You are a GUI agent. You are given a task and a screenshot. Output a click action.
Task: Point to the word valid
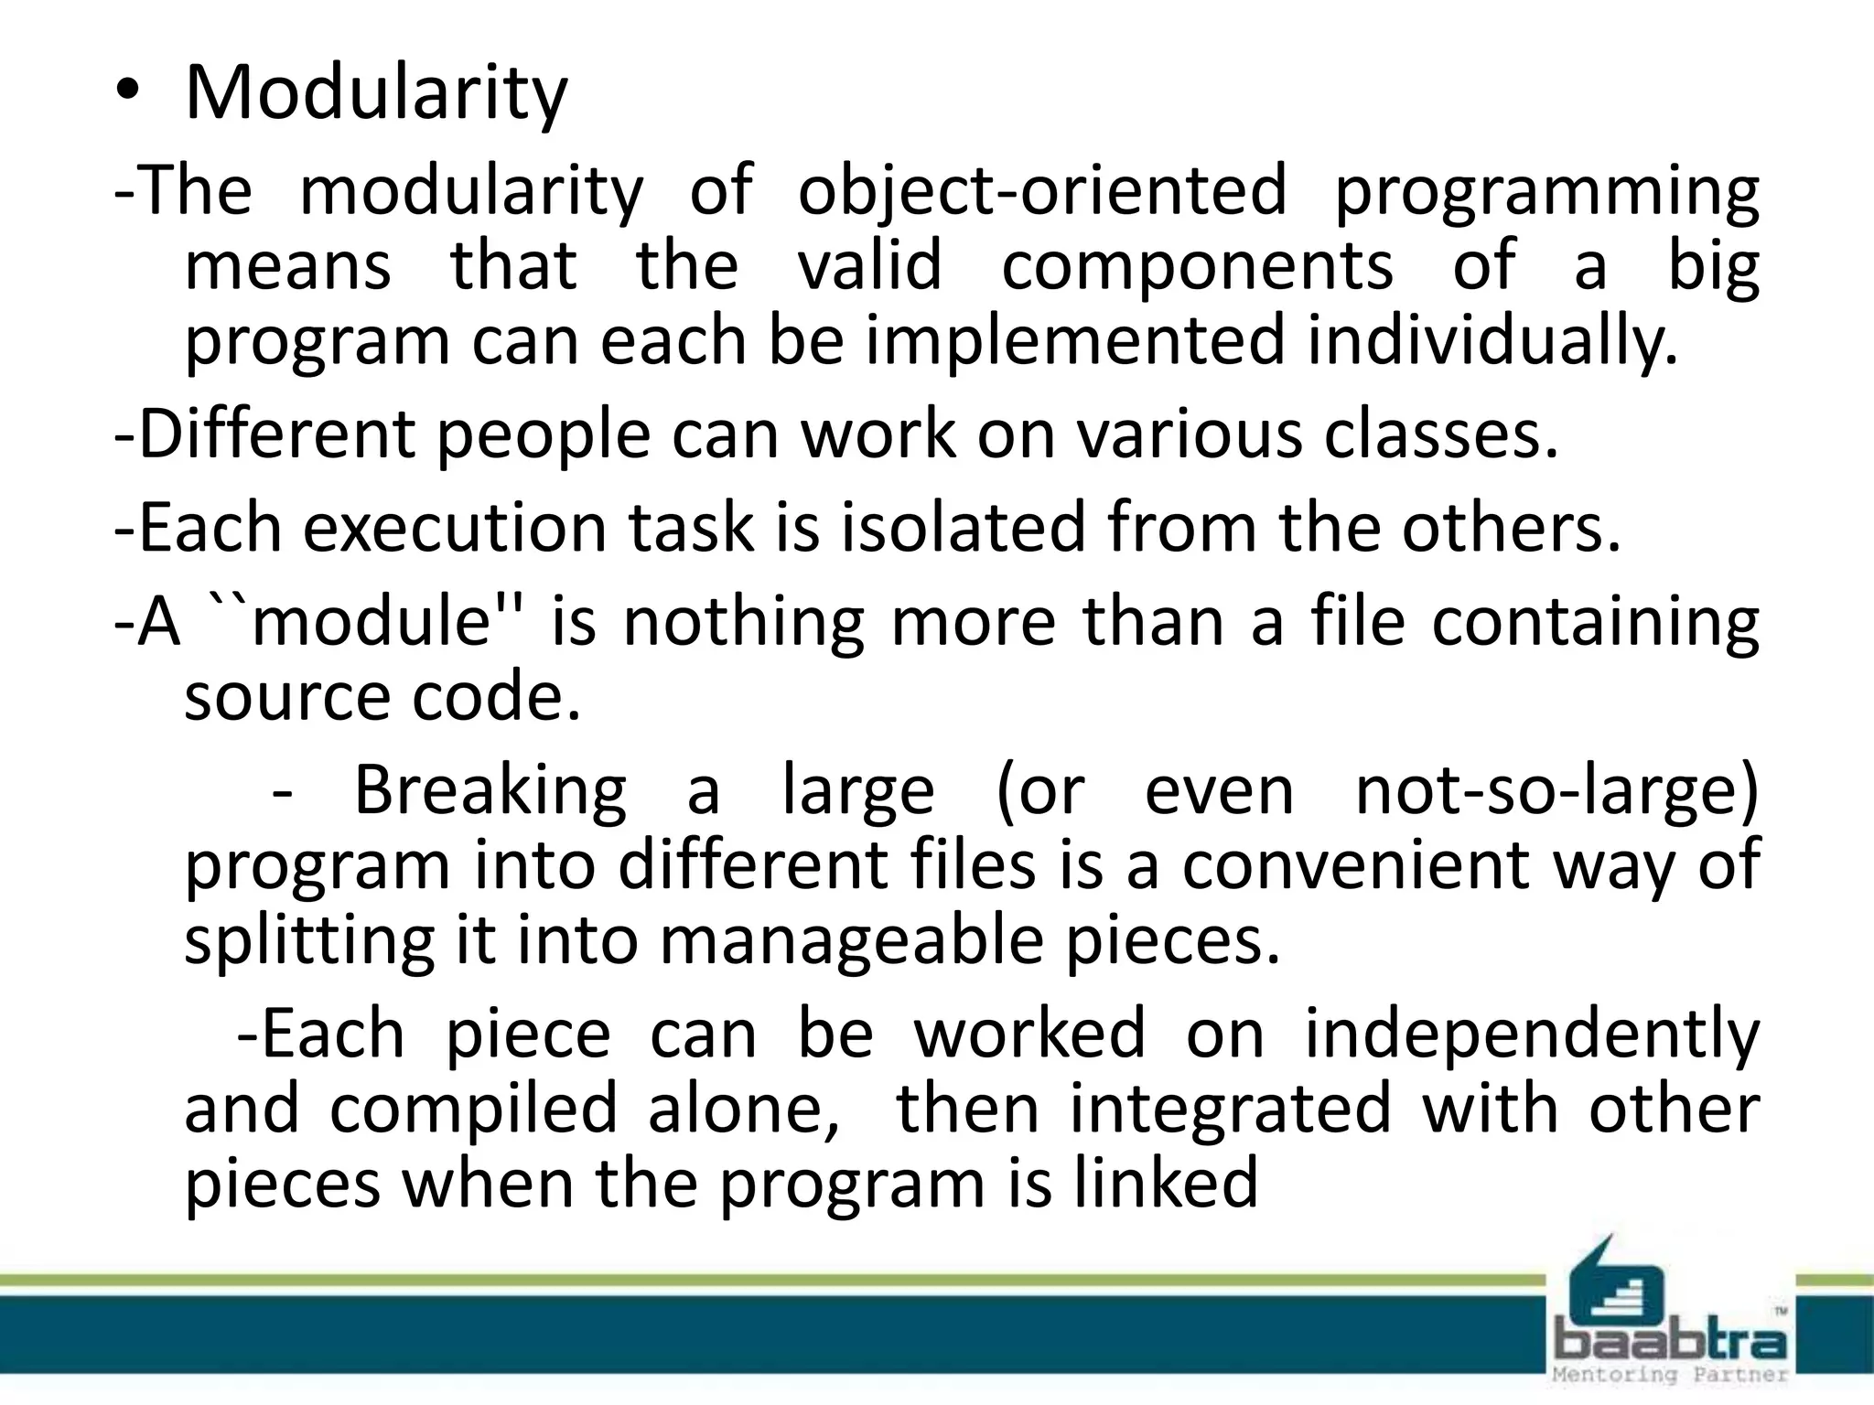(869, 265)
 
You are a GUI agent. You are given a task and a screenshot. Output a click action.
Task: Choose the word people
(542, 435)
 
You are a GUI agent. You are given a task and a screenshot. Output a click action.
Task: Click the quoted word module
(372, 621)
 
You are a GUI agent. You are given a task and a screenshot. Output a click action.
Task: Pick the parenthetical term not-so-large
(1556, 790)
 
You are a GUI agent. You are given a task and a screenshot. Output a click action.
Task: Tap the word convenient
(1355, 865)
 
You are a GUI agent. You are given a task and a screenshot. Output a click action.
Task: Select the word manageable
(851, 942)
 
